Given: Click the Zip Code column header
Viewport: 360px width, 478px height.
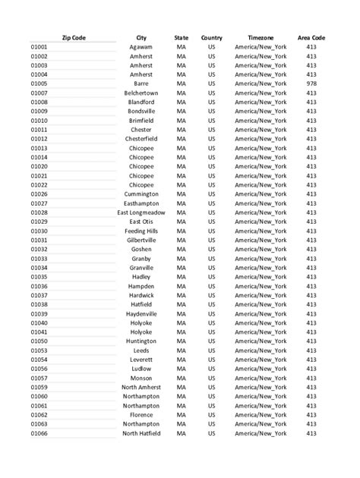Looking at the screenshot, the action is pyautogui.click(x=74, y=37).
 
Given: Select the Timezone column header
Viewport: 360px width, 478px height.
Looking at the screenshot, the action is pyautogui.click(x=261, y=37).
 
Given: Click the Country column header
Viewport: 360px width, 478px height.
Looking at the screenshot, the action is pyautogui.click(x=212, y=37).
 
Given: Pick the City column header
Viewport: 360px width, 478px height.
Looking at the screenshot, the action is pyautogui.click(x=141, y=37).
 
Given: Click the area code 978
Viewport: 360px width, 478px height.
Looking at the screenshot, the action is pyautogui.click(x=311, y=83).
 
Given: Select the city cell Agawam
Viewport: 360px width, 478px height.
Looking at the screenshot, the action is pyautogui.click(x=141, y=47).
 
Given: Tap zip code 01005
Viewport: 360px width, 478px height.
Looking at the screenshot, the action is pyautogui.click(x=39, y=83).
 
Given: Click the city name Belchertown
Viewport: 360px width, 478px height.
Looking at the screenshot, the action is pyautogui.click(x=141, y=93).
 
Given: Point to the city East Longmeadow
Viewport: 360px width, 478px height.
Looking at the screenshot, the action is pyautogui.click(x=141, y=212).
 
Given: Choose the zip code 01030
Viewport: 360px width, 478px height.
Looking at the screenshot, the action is pyautogui.click(x=39, y=231).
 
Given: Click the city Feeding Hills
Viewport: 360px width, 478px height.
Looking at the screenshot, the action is pyautogui.click(x=141, y=231).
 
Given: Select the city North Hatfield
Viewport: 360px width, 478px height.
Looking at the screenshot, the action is pyautogui.click(x=141, y=433).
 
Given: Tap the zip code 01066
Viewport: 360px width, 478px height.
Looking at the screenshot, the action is pyautogui.click(x=39, y=433).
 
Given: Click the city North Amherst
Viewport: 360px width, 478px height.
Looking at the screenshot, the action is pyautogui.click(x=141, y=387).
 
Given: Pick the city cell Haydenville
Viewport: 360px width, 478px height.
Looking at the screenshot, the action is pyautogui.click(x=141, y=313).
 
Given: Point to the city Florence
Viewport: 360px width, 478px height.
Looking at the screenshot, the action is pyautogui.click(x=141, y=415).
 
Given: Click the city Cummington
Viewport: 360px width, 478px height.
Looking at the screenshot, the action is pyautogui.click(x=141, y=194).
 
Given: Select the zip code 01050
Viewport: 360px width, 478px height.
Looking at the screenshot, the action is pyautogui.click(x=39, y=341).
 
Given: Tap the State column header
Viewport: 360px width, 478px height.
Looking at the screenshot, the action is pyautogui.click(x=181, y=37).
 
